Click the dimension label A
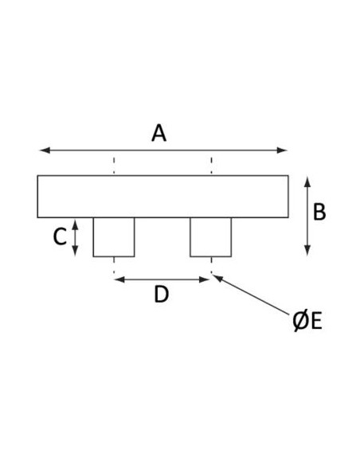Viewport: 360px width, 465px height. [159, 134]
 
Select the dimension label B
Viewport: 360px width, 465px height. [319, 212]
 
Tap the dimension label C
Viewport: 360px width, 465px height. [60, 237]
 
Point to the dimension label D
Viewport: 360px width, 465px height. [162, 295]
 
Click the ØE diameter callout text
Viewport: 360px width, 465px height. [307, 321]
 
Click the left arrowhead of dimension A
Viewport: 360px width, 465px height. [45, 150]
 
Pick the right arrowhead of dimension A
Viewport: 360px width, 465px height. [282, 150]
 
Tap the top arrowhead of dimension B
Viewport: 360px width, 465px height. [307, 182]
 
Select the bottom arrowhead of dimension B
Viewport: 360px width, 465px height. [307, 251]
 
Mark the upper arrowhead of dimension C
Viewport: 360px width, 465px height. [76, 225]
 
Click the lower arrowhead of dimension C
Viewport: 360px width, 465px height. [76, 251]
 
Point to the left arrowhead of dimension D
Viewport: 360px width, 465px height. [119, 279]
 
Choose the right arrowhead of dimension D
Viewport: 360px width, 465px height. [205, 279]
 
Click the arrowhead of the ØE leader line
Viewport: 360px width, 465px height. [217, 278]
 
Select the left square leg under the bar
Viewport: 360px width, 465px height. [114, 237]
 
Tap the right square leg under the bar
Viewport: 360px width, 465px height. [211, 237]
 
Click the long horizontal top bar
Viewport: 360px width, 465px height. [162, 197]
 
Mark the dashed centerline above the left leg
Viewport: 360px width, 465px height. [114, 166]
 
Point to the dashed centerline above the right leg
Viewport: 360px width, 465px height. [211, 166]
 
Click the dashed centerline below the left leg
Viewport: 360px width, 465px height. [114, 265]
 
